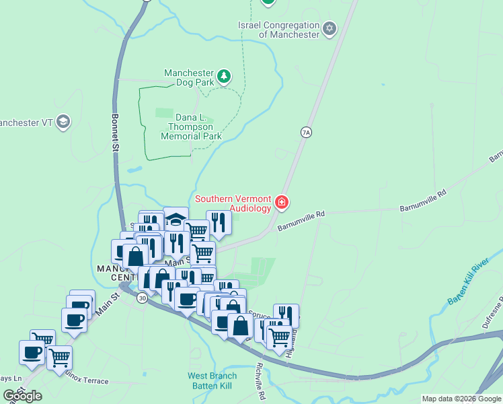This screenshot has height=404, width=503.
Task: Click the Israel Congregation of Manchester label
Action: (278, 30)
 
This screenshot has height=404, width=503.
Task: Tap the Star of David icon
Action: (329, 28)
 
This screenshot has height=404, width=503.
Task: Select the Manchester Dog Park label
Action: (189, 77)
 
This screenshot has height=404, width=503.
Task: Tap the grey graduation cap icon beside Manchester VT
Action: (63, 122)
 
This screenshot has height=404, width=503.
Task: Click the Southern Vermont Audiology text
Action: (233, 203)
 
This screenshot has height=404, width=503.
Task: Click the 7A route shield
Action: (306, 133)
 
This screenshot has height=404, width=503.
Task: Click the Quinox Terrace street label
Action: (85, 380)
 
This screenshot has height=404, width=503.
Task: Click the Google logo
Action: (23, 396)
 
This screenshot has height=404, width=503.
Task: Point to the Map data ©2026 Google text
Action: (461, 399)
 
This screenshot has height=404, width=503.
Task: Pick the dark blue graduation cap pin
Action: (176, 218)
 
